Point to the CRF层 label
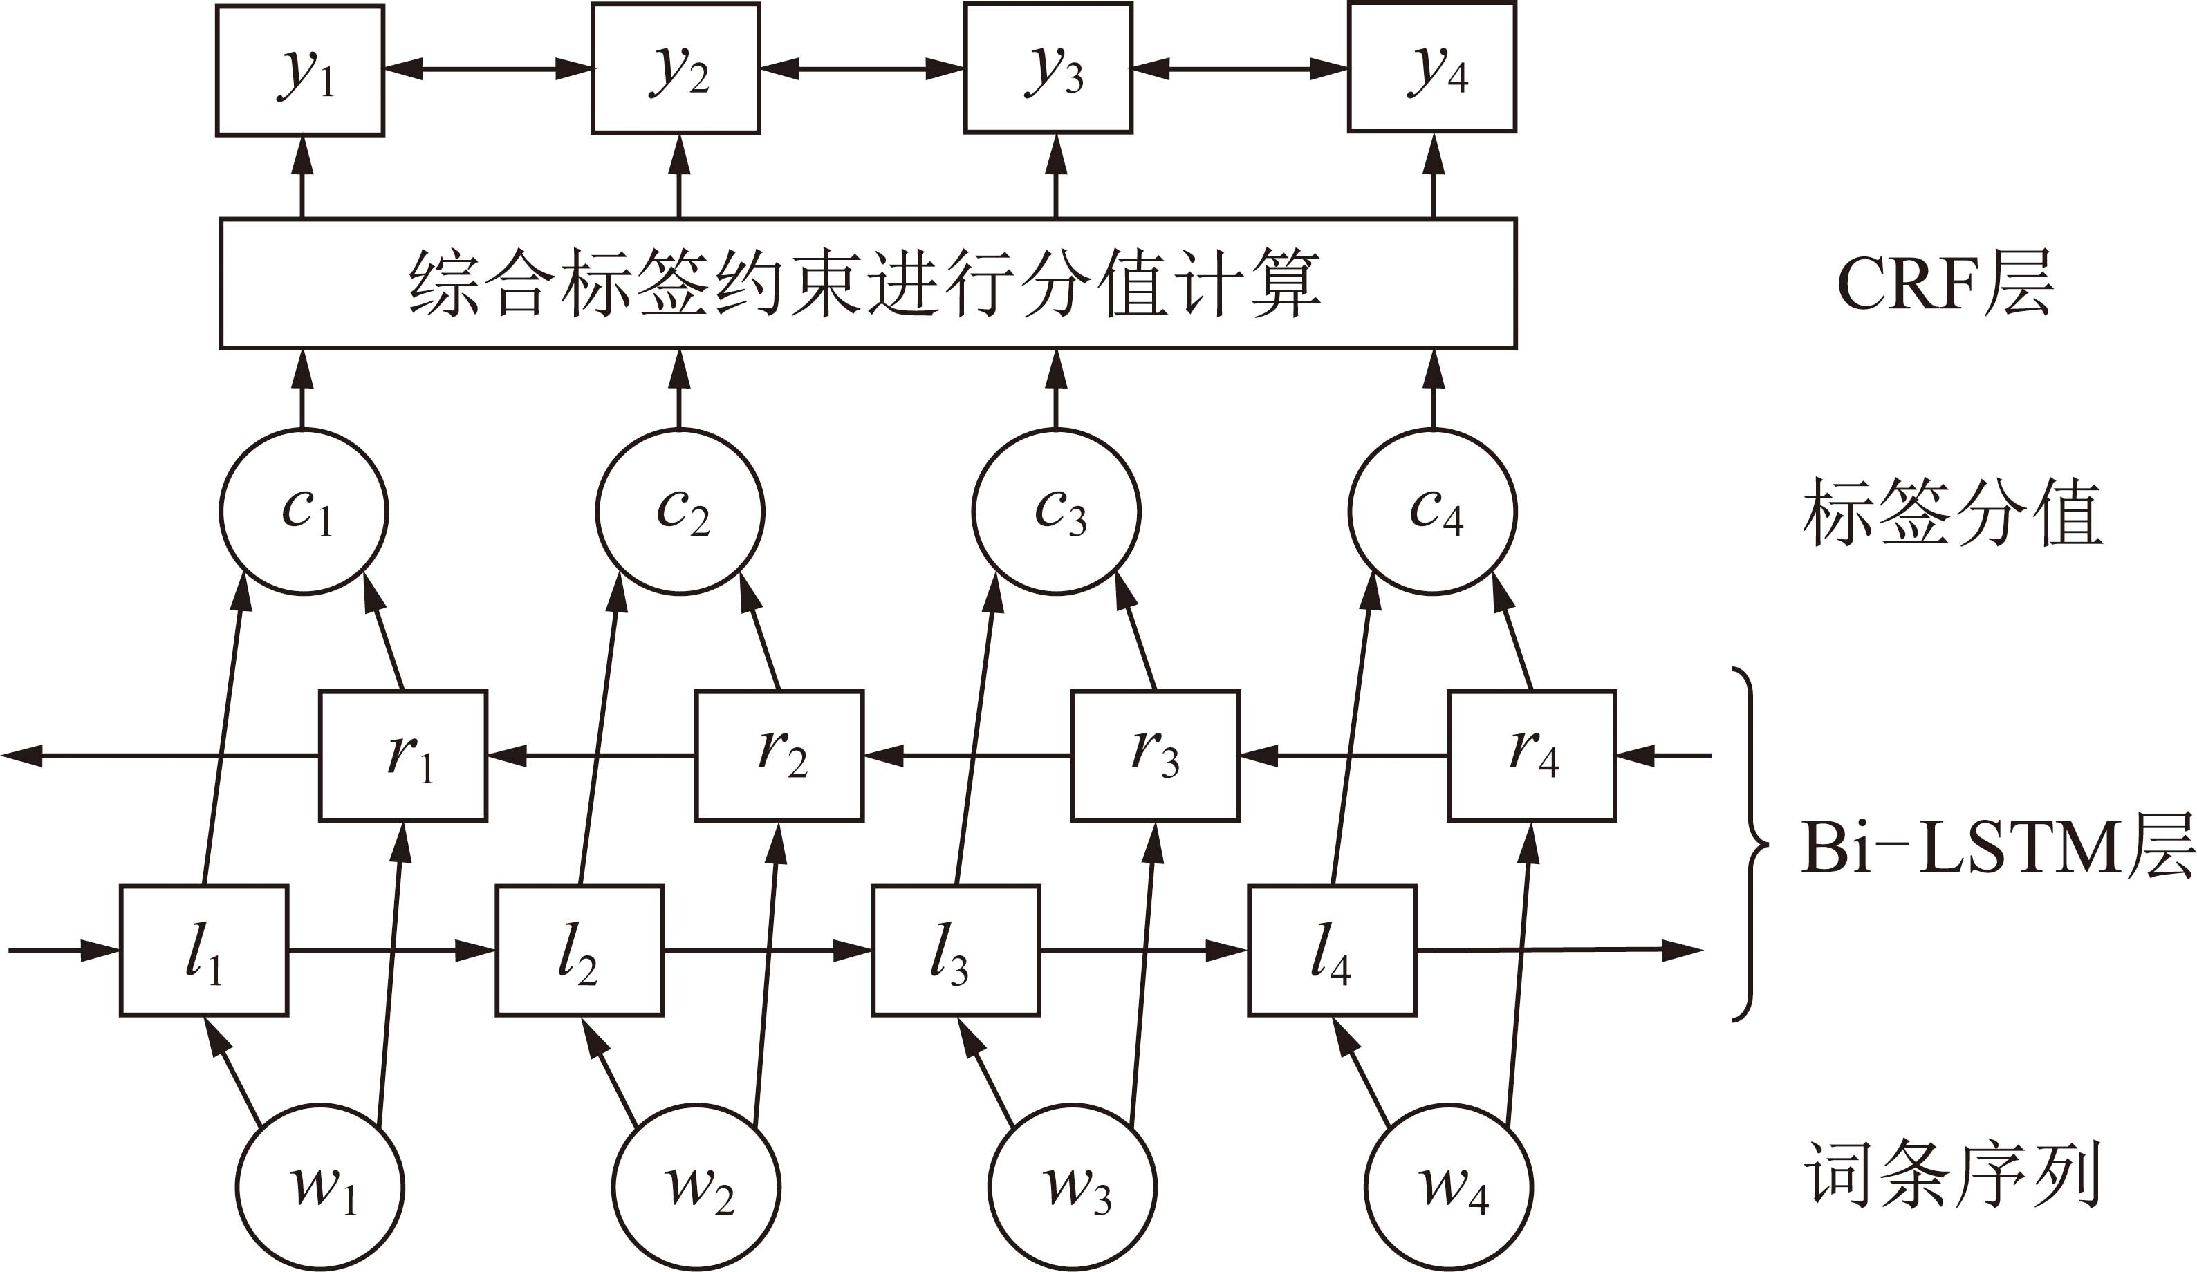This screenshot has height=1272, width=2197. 1944,283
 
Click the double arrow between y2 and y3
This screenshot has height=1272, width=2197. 862,68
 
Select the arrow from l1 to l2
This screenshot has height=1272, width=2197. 391,951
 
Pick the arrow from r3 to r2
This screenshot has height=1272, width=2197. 967,756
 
